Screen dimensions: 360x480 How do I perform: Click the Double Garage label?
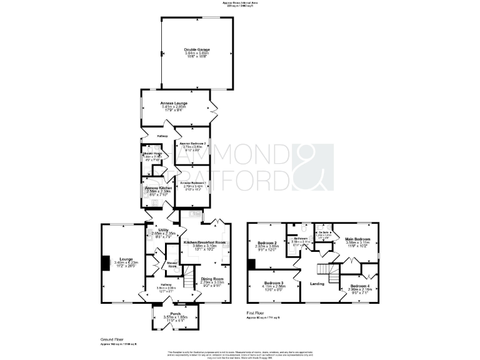pos(196,49)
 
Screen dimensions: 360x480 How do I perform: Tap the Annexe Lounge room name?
pos(174,102)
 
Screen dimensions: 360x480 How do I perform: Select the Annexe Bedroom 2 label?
pos(192,143)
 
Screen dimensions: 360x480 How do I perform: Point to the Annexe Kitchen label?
pos(159,188)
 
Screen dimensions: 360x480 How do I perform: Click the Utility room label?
pos(164,231)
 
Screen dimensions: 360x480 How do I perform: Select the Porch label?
pos(175,314)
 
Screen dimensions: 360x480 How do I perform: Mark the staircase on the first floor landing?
pos(324,270)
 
